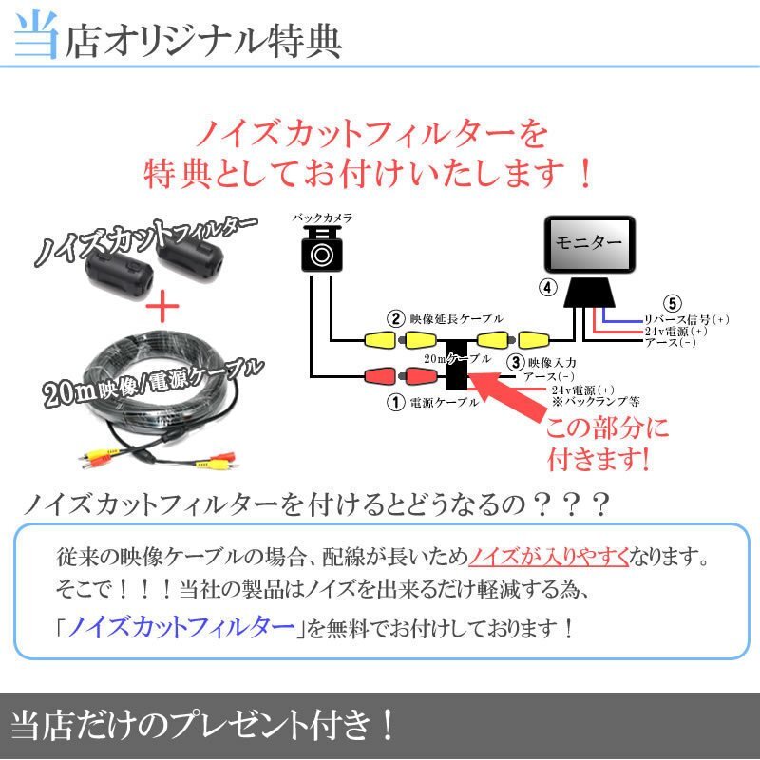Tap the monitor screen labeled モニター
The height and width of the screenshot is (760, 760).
coord(587,244)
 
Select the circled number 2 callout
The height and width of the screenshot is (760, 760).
coord(394,318)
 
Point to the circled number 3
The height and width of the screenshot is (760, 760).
coord(514,362)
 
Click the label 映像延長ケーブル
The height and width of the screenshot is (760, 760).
coord(455,319)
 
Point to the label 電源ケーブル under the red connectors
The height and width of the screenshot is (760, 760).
coord(444,403)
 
